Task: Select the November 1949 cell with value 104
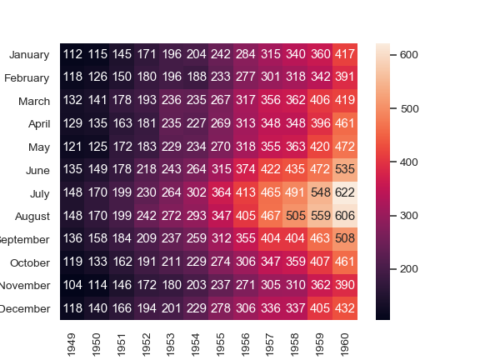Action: pyautogui.click(x=72, y=286)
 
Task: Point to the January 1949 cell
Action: pyautogui.click(x=72, y=54)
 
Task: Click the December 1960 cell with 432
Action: pyautogui.click(x=345, y=308)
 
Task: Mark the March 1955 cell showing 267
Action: pyautogui.click(x=221, y=101)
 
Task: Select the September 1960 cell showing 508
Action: pyautogui.click(x=345, y=239)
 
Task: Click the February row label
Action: pyautogui.click(x=27, y=77)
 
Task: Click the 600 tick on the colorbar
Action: pyautogui.click(x=409, y=54)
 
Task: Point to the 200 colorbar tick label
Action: pyautogui.click(x=409, y=268)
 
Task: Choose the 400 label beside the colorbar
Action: pyautogui.click(x=409, y=162)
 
